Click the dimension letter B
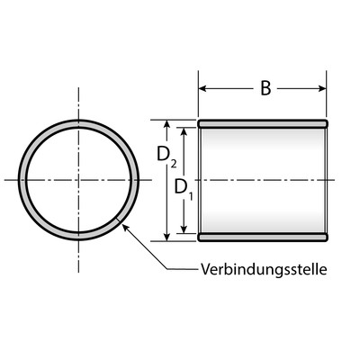pyautogui.click(x=265, y=88)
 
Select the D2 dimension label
pyautogui.click(x=166, y=156)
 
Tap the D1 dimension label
pyautogui.click(x=184, y=188)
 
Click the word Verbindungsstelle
pyautogui.click(x=264, y=269)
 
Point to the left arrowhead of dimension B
pyautogui.click(x=202, y=88)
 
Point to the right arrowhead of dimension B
pyautogui.click(x=322, y=88)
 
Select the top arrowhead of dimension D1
pyautogui.click(x=184, y=131)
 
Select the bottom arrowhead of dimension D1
pyautogui.click(x=184, y=229)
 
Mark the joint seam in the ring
pyautogui.click(x=118, y=220)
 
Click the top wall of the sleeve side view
pyautogui.click(x=263, y=123)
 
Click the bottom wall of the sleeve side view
pyautogui.click(x=263, y=237)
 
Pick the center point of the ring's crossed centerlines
pyautogui.click(x=78, y=180)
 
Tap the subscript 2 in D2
pyautogui.click(x=174, y=164)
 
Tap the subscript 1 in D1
pyautogui.click(x=191, y=196)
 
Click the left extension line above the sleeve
pyautogui.click(x=198, y=94)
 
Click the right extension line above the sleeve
pyautogui.click(x=327, y=94)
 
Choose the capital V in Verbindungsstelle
pyautogui.click(x=205, y=269)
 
